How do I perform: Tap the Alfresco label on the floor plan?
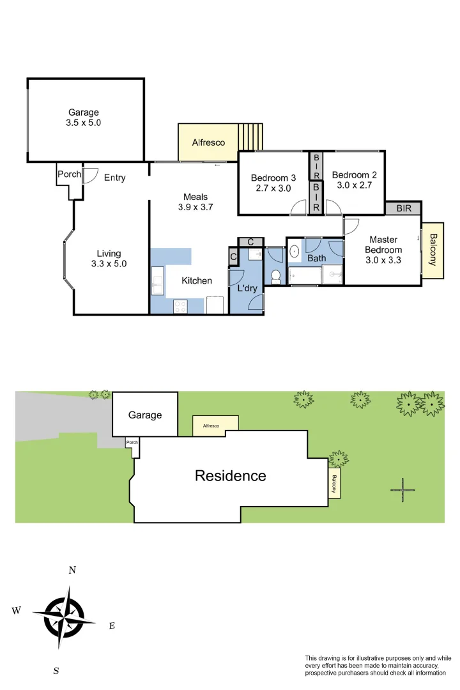pyautogui.click(x=208, y=142)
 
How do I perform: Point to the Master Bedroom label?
pyautogui.click(x=383, y=250)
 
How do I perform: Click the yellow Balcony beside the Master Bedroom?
pyautogui.click(x=433, y=250)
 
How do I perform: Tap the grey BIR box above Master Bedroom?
pyautogui.click(x=403, y=208)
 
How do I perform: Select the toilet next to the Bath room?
pyautogui.click(x=276, y=277)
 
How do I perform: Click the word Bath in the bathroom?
pyautogui.click(x=316, y=258)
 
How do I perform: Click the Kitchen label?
pyautogui.click(x=197, y=280)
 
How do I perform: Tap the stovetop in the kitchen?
pyautogui.click(x=181, y=307)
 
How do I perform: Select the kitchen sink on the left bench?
pyautogui.click(x=158, y=280)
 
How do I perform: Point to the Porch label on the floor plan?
pyautogui.click(x=69, y=174)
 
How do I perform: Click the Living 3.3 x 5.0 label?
pyautogui.click(x=109, y=258)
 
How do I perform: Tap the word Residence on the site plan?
pyautogui.click(x=230, y=476)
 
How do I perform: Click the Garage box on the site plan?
pyautogui.click(x=145, y=415)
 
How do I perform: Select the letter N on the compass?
pyautogui.click(x=73, y=570)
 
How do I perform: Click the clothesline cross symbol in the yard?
pyautogui.click(x=402, y=490)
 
